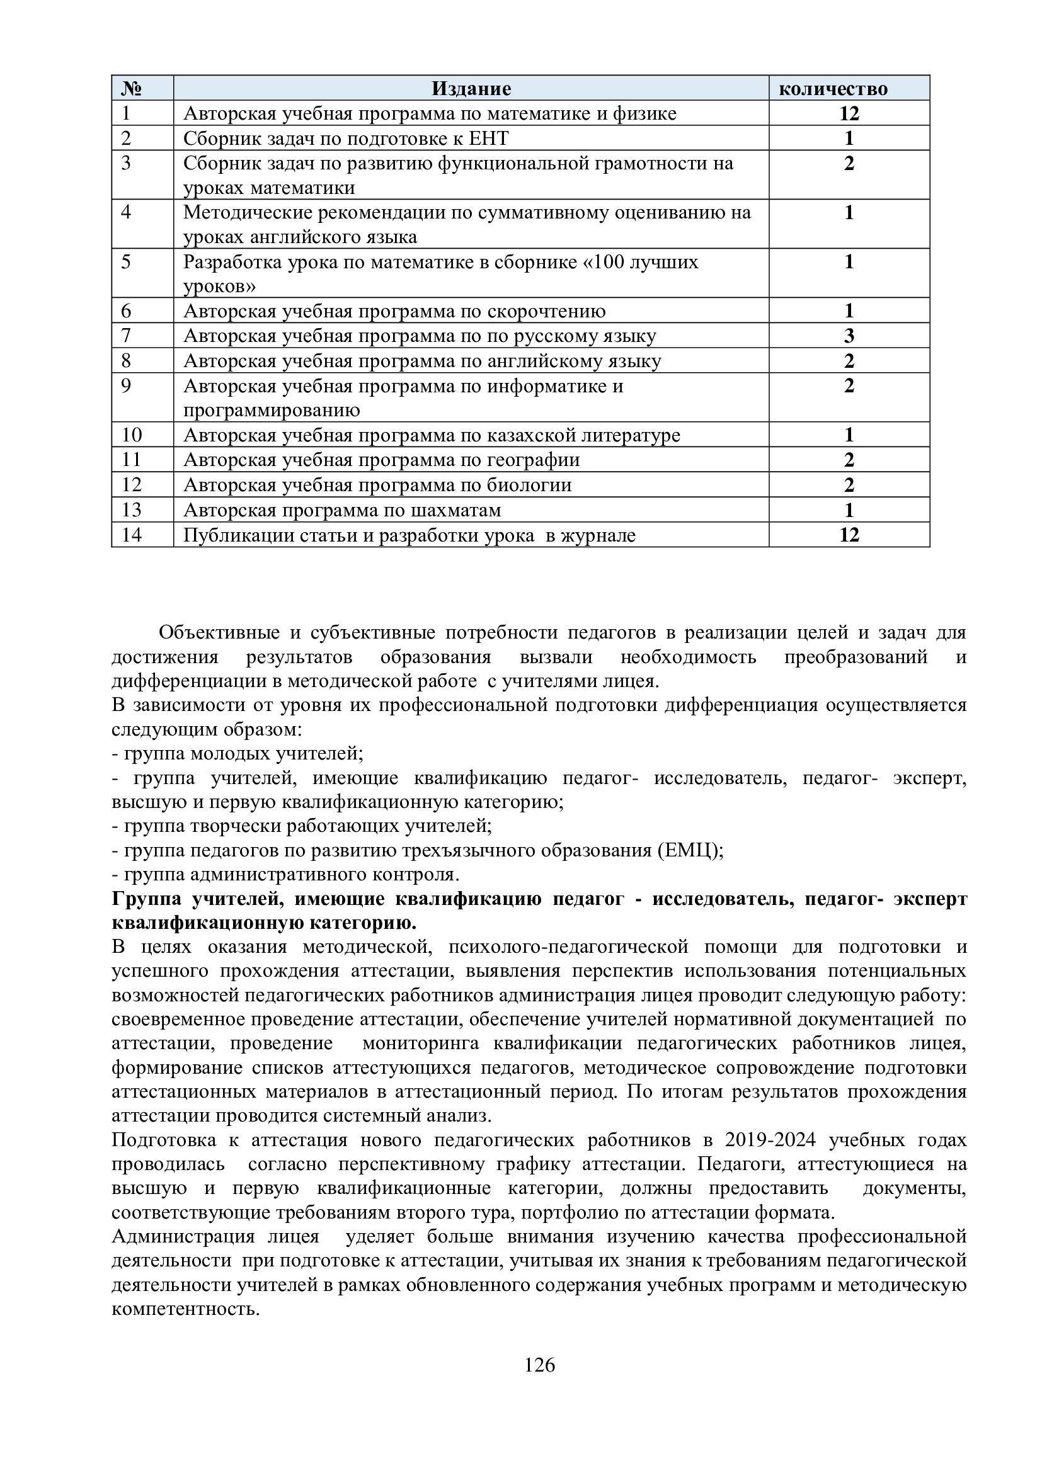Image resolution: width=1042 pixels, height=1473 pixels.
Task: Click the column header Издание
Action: click(x=471, y=89)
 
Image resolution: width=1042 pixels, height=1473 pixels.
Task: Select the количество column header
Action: click(x=833, y=89)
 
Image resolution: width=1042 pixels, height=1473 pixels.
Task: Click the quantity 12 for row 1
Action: click(x=849, y=113)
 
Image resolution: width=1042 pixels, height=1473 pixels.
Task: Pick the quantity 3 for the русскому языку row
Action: click(x=849, y=336)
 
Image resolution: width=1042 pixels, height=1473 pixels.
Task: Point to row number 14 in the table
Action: click(x=132, y=535)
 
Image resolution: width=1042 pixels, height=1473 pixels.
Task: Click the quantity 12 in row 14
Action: click(x=849, y=535)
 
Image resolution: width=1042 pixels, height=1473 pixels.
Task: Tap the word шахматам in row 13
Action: click(x=458, y=510)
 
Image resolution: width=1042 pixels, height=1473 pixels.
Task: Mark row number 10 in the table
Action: click(x=132, y=435)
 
